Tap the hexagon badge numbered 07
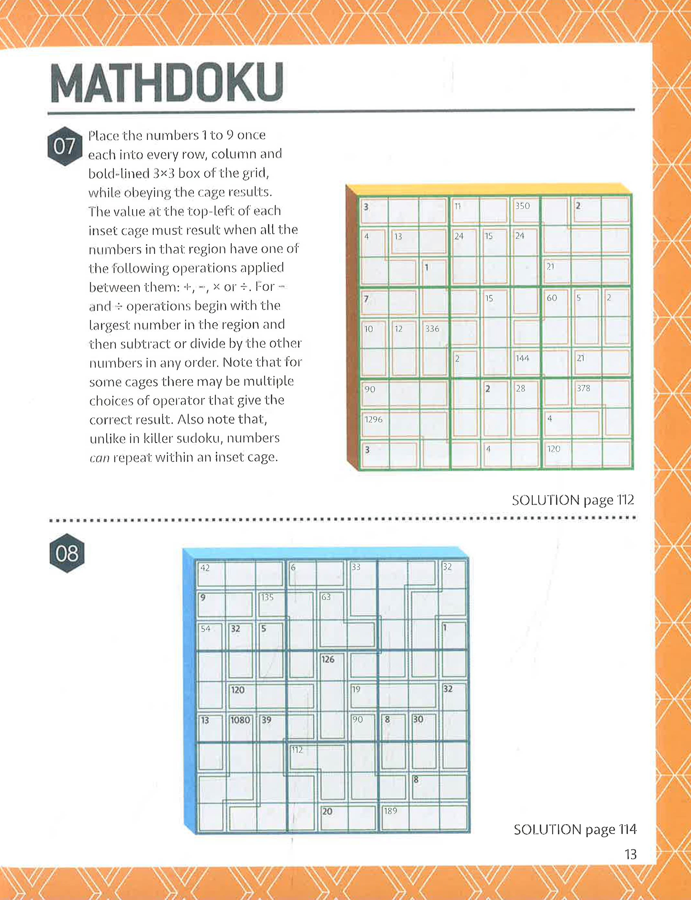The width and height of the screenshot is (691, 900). (65, 146)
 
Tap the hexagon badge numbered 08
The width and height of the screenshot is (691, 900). (67, 553)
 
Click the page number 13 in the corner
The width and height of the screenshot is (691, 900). (630, 854)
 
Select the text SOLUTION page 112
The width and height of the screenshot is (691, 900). (573, 500)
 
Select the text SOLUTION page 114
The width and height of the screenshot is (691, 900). (574, 829)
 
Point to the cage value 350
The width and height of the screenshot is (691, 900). (522, 206)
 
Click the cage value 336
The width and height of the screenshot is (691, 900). (432, 329)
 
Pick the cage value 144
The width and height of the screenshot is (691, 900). (522, 359)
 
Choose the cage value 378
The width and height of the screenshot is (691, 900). (583, 388)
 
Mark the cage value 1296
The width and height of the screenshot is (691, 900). (373, 419)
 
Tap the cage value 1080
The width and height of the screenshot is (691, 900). (240, 720)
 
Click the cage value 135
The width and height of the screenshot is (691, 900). (267, 597)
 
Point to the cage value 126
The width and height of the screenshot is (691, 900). (328, 659)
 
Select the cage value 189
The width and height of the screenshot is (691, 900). (390, 811)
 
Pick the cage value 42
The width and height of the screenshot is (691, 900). (205, 568)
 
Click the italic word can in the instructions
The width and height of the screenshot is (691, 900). (99, 458)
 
